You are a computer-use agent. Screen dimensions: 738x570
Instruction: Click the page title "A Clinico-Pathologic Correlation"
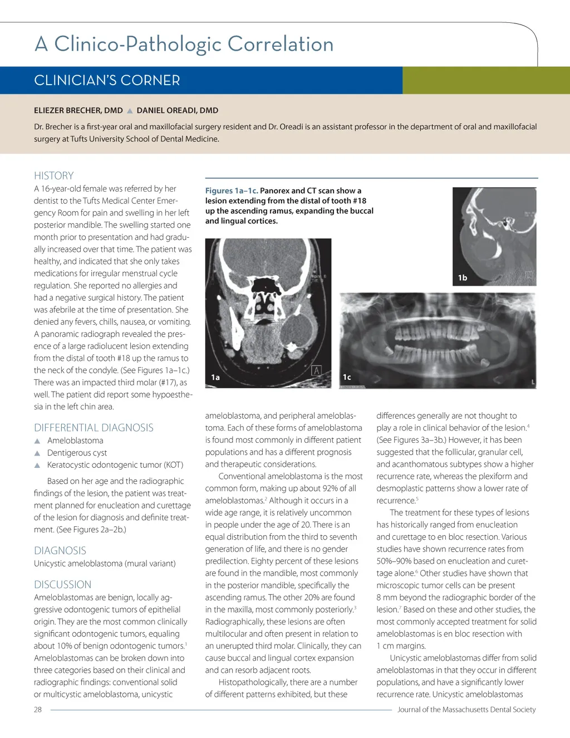click(184, 44)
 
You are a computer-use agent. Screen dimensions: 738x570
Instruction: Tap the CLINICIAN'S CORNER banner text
click(107, 81)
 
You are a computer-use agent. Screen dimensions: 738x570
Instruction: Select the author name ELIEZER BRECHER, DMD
click(78, 110)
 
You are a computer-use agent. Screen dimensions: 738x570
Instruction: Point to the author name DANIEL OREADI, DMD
click(178, 110)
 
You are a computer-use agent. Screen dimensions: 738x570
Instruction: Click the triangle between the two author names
click(130, 111)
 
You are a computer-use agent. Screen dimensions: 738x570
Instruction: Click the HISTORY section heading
click(53, 175)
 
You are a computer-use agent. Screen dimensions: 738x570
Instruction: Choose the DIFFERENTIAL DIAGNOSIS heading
click(94, 428)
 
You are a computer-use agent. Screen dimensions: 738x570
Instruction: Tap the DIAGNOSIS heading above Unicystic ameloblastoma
click(60, 550)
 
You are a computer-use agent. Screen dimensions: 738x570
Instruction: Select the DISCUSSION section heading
click(62, 584)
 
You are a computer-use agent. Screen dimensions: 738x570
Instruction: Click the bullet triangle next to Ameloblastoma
click(37, 441)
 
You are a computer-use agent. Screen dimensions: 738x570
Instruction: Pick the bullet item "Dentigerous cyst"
click(77, 453)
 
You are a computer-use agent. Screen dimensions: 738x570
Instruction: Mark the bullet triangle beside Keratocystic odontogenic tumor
click(37, 465)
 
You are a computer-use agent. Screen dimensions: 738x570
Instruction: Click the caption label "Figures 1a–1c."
click(232, 190)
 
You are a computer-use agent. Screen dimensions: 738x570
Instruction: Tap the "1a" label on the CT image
click(215, 377)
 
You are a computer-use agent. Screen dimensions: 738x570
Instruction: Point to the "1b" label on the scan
click(463, 277)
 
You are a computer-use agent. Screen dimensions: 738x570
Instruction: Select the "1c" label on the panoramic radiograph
click(347, 377)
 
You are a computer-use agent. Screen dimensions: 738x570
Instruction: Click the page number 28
click(38, 710)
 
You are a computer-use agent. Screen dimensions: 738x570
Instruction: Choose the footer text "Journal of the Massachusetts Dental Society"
click(466, 710)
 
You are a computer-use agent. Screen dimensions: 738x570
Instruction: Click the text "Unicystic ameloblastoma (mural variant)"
click(105, 564)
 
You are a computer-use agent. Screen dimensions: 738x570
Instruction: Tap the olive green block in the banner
click(486, 80)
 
